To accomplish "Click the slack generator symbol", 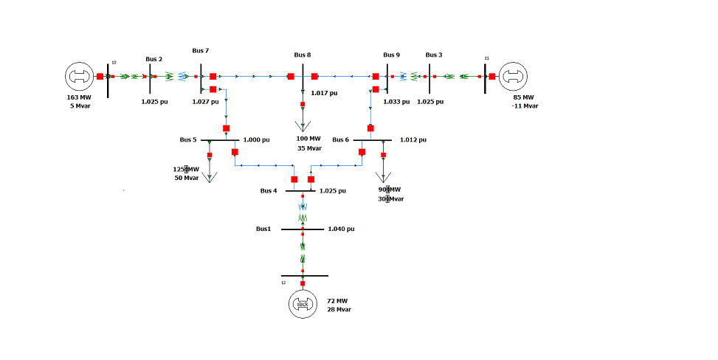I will click(302, 305).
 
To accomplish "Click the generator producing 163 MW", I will click(79, 76).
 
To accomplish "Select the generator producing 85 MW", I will click(514, 76).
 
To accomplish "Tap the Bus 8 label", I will click(303, 55).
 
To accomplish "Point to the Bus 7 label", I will click(200, 50).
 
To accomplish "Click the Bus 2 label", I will click(153, 59).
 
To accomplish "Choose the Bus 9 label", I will click(392, 55).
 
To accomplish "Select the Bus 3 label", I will click(435, 55).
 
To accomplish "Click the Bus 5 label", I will click(188, 139).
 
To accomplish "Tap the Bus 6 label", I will click(341, 139).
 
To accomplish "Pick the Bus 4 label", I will click(269, 190).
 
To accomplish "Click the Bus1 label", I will click(264, 229).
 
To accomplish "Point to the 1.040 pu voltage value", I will click(342, 229).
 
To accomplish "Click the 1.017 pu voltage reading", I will click(324, 93).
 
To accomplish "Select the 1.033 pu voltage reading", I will click(396, 102).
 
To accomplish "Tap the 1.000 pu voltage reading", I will click(256, 139).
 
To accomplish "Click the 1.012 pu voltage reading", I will click(413, 139).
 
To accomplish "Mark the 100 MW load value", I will click(308, 139).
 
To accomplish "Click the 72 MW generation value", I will click(337, 301).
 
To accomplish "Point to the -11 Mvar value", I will click(526, 105).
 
